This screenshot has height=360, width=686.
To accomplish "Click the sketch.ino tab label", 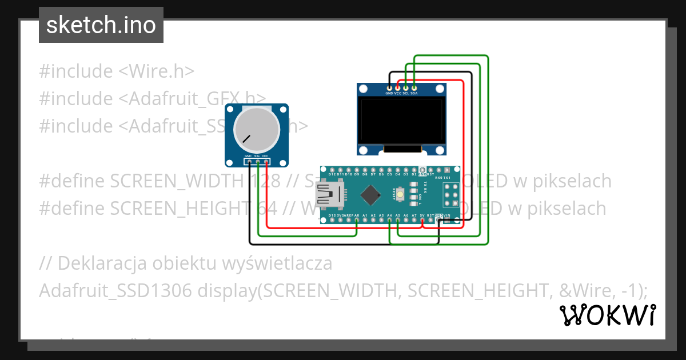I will click(x=101, y=25).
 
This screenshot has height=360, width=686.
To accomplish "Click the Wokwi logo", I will click(x=607, y=315).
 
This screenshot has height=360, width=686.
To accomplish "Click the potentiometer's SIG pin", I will click(x=258, y=162).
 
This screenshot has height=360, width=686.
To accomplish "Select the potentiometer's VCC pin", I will click(x=266, y=162).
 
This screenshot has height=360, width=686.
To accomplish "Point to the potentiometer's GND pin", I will click(x=249, y=162).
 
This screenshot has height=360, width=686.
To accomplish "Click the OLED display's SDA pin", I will click(x=414, y=87).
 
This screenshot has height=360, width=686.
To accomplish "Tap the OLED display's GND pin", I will click(x=389, y=87).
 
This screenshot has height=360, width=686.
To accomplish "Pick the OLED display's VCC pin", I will click(x=397, y=87).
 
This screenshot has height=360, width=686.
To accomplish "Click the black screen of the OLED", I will click(x=401, y=120).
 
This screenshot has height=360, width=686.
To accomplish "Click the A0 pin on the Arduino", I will click(x=357, y=220).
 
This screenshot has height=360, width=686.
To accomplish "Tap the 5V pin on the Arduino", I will click(x=422, y=220).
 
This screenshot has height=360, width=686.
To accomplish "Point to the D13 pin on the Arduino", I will click(x=332, y=220).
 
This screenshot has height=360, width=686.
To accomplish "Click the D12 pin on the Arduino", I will click(x=332, y=170).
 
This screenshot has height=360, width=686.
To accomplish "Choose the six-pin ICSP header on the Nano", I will click(x=451, y=194).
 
